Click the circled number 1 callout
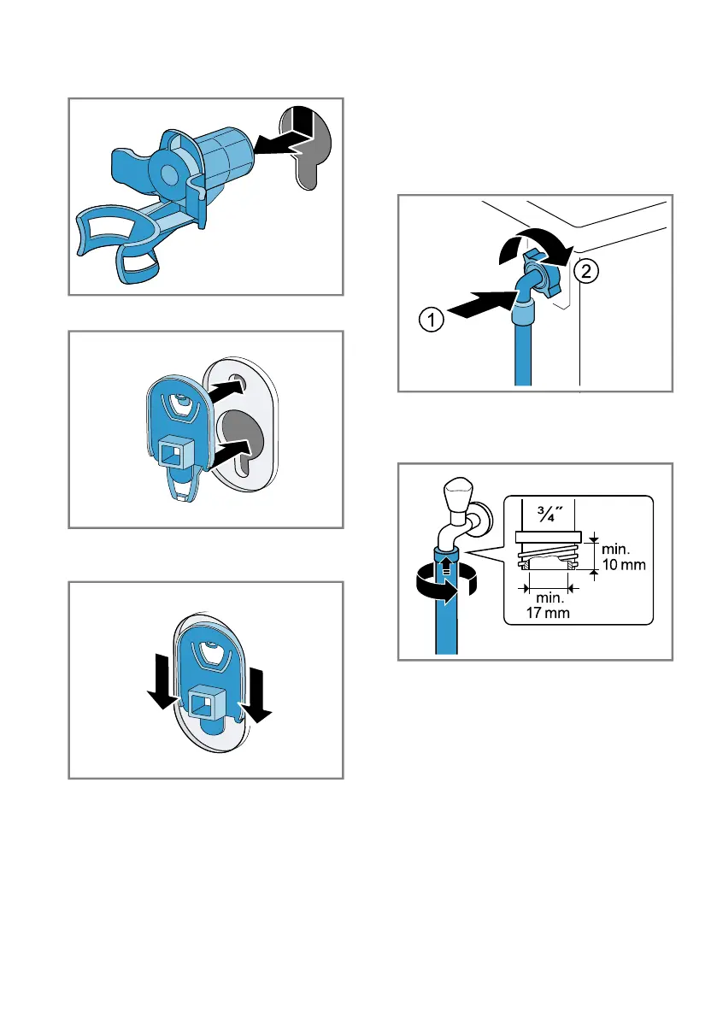coord(432,319)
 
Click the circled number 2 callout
coord(586,271)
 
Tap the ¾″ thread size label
coord(550,514)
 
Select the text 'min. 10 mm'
coord(624,557)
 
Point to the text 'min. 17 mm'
coord(549,605)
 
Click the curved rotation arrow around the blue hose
coord(445,582)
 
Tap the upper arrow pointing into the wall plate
coord(225,391)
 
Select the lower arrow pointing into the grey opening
coord(231,452)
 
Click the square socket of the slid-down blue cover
coord(207,705)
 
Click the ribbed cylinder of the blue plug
coord(224,160)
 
